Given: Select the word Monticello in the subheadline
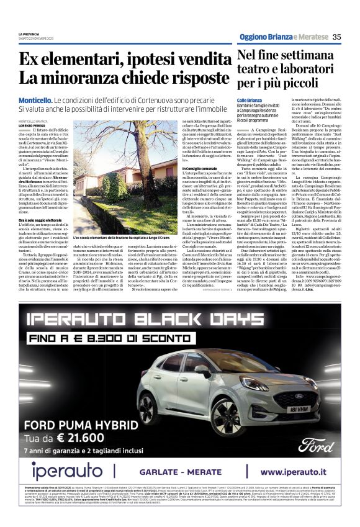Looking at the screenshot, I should [35, 100].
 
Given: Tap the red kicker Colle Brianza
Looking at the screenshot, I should [250, 101].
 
